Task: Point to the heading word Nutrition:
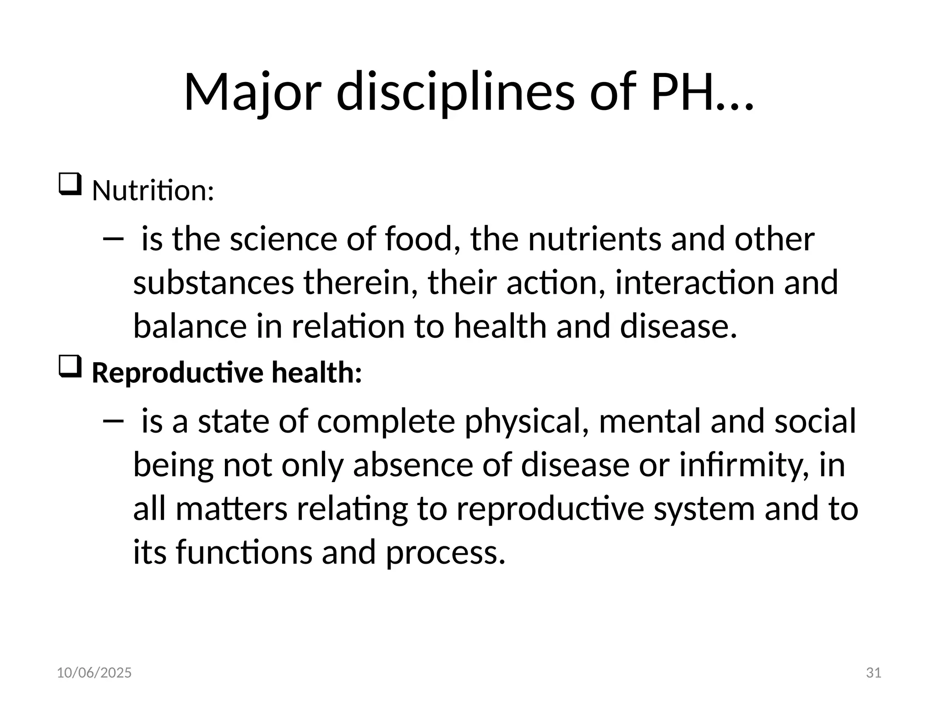pyautogui.click(x=153, y=190)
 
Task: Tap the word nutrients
pyautogui.click(x=594, y=239)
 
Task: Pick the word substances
pyautogui.click(x=213, y=283)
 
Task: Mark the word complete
pyautogui.click(x=386, y=421)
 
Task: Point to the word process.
pyautogui.click(x=445, y=552)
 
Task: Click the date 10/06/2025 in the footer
pyautogui.click(x=94, y=673)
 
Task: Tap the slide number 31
pyautogui.click(x=873, y=673)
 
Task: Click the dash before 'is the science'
pyautogui.click(x=113, y=238)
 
